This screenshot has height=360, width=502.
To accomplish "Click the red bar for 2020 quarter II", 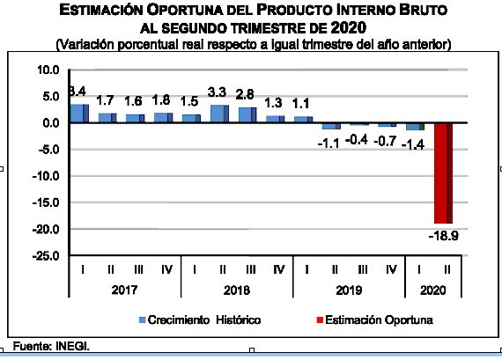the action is [443, 173].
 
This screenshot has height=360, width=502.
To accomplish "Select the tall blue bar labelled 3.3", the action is [219, 114].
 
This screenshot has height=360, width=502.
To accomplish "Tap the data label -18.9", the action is [443, 236].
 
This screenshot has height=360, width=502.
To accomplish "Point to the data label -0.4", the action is [357, 140].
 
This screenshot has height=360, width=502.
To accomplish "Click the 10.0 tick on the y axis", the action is [48, 70].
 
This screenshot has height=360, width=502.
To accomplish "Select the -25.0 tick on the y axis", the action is [46, 256].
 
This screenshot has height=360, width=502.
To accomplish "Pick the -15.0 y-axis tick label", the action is [46, 202].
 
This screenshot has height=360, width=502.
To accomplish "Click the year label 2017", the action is [124, 290].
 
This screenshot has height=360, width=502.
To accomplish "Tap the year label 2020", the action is [432, 290].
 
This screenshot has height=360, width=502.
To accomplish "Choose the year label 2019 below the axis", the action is [349, 290].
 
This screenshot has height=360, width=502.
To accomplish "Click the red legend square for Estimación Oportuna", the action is [320, 320].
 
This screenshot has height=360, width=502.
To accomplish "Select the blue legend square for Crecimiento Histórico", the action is [143, 320].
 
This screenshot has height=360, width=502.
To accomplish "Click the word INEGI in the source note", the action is [72, 346].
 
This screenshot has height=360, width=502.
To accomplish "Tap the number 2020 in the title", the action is [349, 28].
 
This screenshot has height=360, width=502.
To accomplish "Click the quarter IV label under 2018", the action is [279, 269].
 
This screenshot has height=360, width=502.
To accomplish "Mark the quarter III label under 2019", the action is [363, 269].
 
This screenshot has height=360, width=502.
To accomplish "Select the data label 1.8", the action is [161, 100].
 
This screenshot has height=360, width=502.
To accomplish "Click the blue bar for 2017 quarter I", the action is [79, 114].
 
